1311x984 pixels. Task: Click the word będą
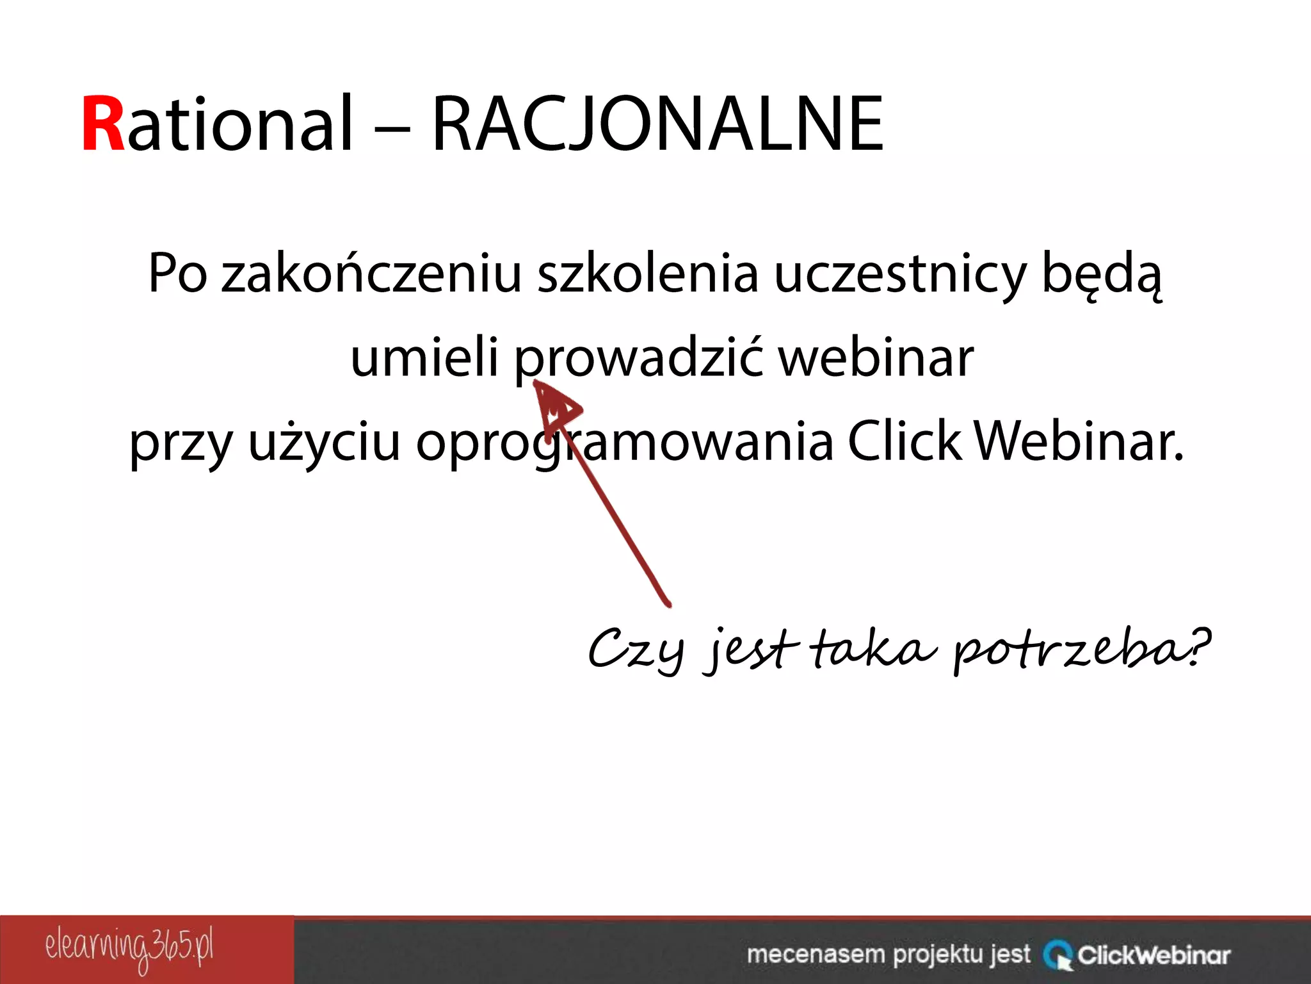tap(1101, 274)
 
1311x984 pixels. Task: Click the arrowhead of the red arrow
tap(554, 405)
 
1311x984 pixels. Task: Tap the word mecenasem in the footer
tap(816, 954)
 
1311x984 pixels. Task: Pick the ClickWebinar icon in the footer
tap(1058, 955)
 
